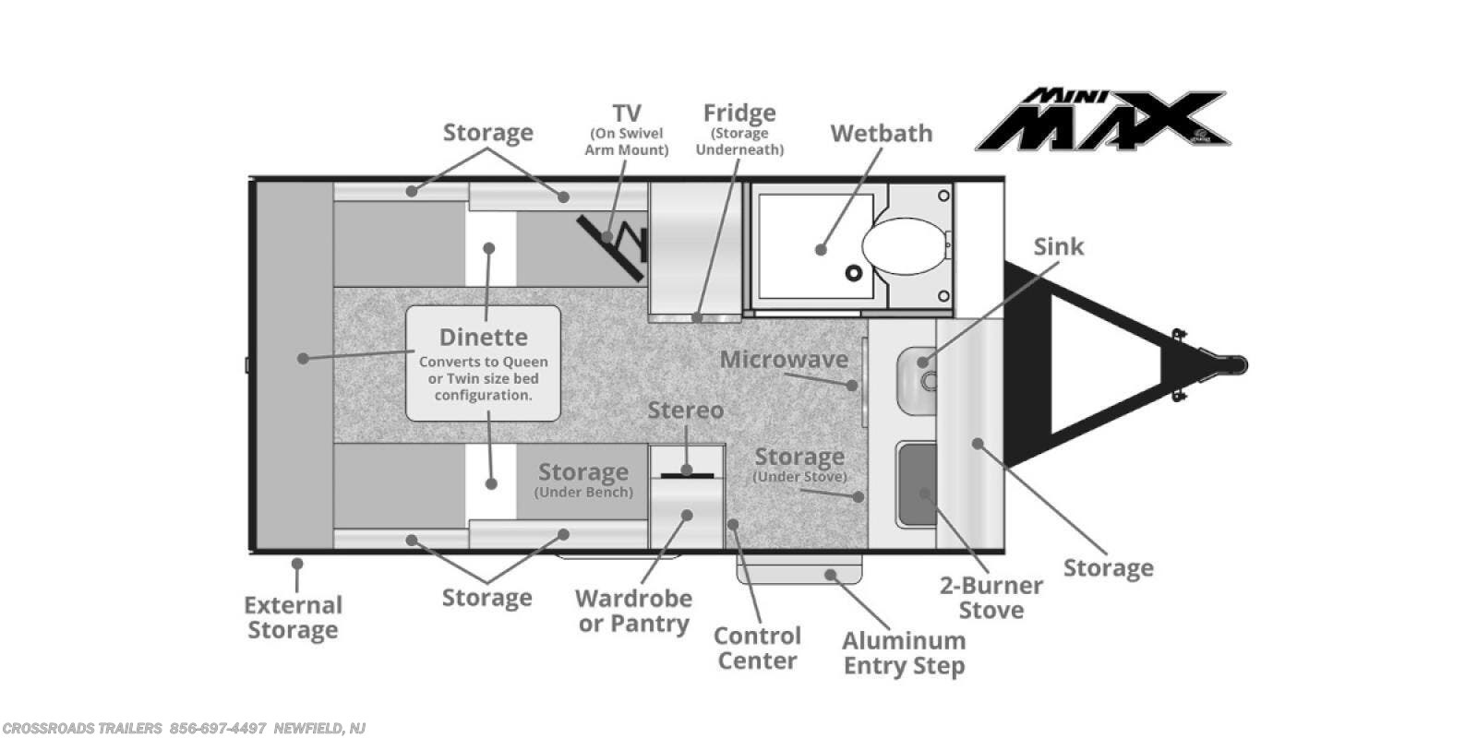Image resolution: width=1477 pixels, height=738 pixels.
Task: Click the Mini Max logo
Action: click(x=1103, y=120)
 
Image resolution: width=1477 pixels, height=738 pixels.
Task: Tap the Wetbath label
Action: click(x=882, y=134)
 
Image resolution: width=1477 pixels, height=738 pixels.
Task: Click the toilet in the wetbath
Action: click(x=906, y=246)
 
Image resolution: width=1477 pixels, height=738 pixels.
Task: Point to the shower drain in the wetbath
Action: click(x=855, y=272)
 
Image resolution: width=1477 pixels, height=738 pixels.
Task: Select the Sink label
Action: click(x=1058, y=246)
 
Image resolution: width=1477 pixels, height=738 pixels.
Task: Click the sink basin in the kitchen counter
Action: click(x=918, y=380)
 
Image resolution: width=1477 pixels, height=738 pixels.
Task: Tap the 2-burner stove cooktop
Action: click(x=917, y=484)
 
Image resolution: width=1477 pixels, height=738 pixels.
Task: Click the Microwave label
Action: click(x=784, y=359)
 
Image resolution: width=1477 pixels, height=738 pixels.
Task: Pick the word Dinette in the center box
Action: click(x=484, y=338)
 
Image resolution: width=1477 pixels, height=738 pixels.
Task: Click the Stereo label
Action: click(x=686, y=410)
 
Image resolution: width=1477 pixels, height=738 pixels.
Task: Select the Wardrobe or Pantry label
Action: click(x=633, y=611)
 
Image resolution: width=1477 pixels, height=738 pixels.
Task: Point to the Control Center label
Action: click(x=758, y=649)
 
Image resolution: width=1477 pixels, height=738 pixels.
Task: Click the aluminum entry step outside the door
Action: click(x=799, y=568)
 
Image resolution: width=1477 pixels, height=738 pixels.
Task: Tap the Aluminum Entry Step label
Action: click(x=904, y=653)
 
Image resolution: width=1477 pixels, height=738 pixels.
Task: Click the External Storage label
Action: click(x=294, y=617)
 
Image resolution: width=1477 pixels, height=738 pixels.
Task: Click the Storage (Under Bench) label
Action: click(x=583, y=480)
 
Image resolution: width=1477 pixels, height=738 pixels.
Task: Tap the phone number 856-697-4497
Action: click(x=218, y=728)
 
